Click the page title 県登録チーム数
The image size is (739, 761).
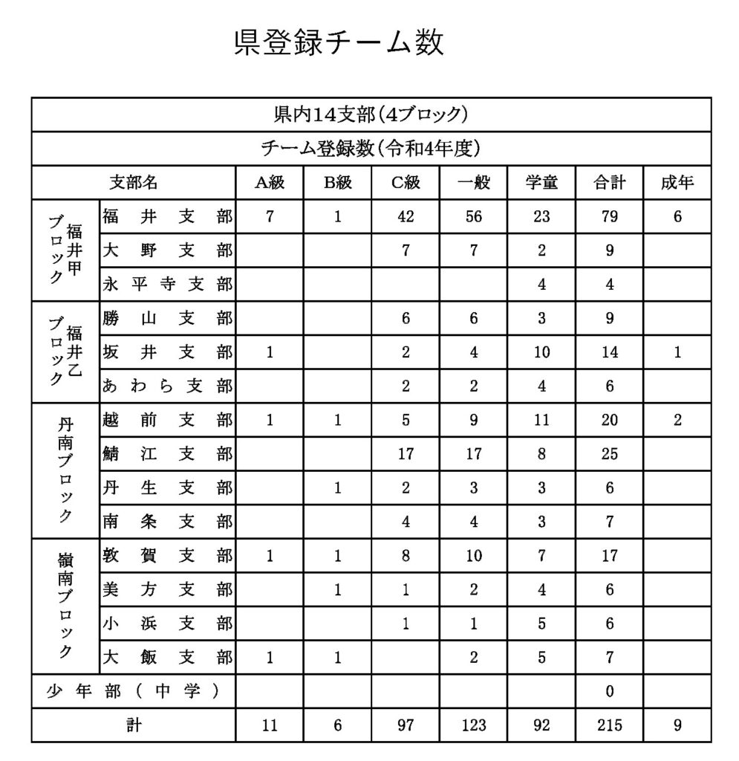click(339, 43)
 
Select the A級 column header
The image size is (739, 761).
click(270, 183)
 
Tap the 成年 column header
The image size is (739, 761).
click(677, 183)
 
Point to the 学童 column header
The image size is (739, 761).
click(541, 183)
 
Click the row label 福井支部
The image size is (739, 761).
click(166, 217)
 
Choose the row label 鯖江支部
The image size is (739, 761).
click(166, 453)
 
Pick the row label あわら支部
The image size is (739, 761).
click(166, 386)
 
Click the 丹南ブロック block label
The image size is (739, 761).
click(65, 470)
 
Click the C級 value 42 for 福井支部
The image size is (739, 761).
click(406, 217)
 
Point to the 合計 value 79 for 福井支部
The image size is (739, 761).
click(609, 217)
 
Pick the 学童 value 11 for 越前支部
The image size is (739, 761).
click(541, 420)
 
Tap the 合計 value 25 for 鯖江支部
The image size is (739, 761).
click(609, 453)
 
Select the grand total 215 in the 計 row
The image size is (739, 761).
click(609, 725)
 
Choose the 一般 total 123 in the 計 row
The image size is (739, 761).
click(473, 725)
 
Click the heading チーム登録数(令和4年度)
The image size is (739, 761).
click(371, 149)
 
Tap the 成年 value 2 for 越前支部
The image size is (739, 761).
click(677, 420)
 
